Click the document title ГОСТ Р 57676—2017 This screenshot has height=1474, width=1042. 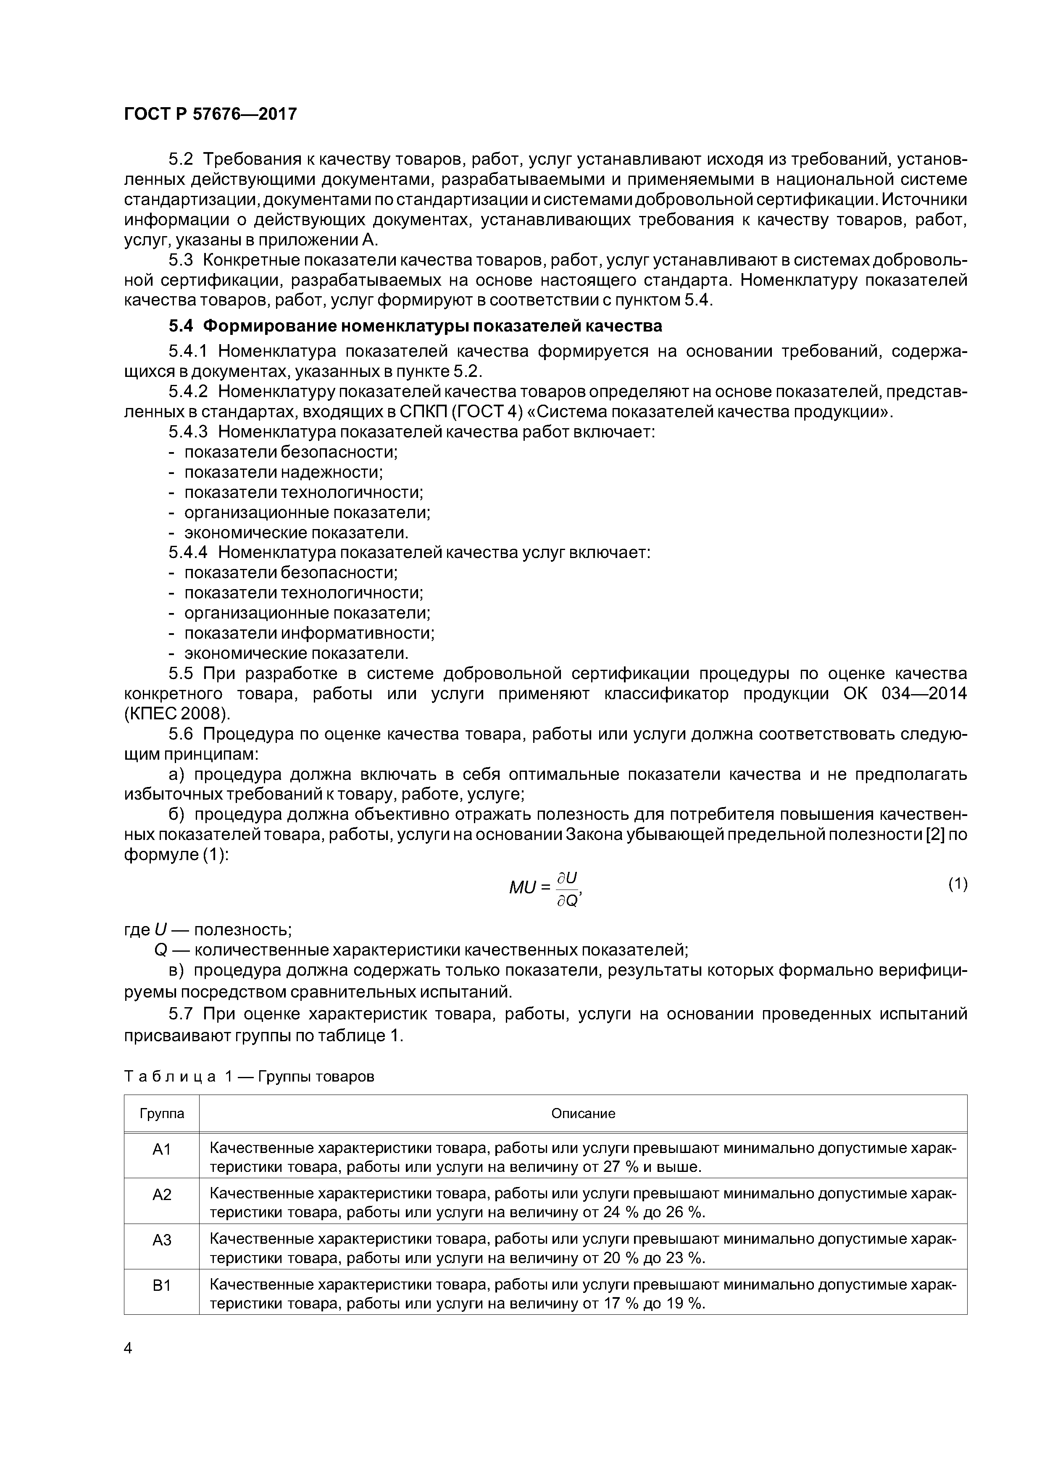click(210, 114)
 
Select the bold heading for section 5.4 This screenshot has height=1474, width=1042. click(415, 326)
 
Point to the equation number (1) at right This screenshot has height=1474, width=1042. click(957, 884)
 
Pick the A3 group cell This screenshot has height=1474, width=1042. click(162, 1240)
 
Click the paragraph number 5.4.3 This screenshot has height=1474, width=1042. click(188, 432)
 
